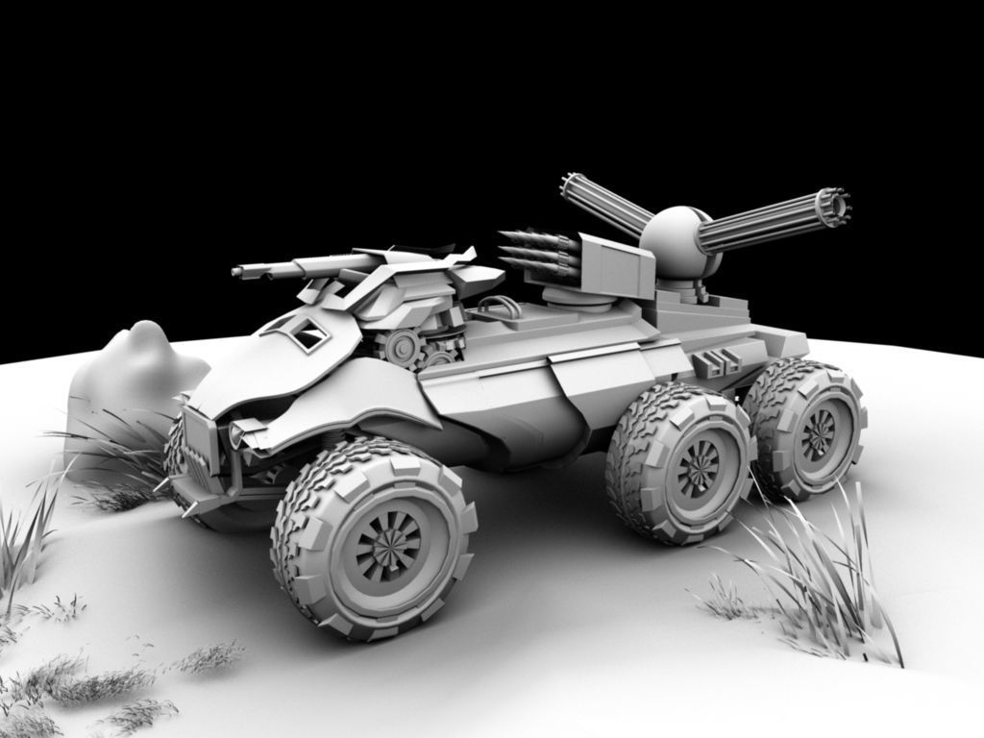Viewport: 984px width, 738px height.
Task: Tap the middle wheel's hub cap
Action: click(x=697, y=468)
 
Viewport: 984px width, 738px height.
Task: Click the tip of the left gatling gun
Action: click(x=573, y=182)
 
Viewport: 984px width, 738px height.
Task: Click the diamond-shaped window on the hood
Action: click(x=309, y=335)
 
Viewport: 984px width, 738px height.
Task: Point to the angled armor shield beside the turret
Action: click(x=615, y=263)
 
